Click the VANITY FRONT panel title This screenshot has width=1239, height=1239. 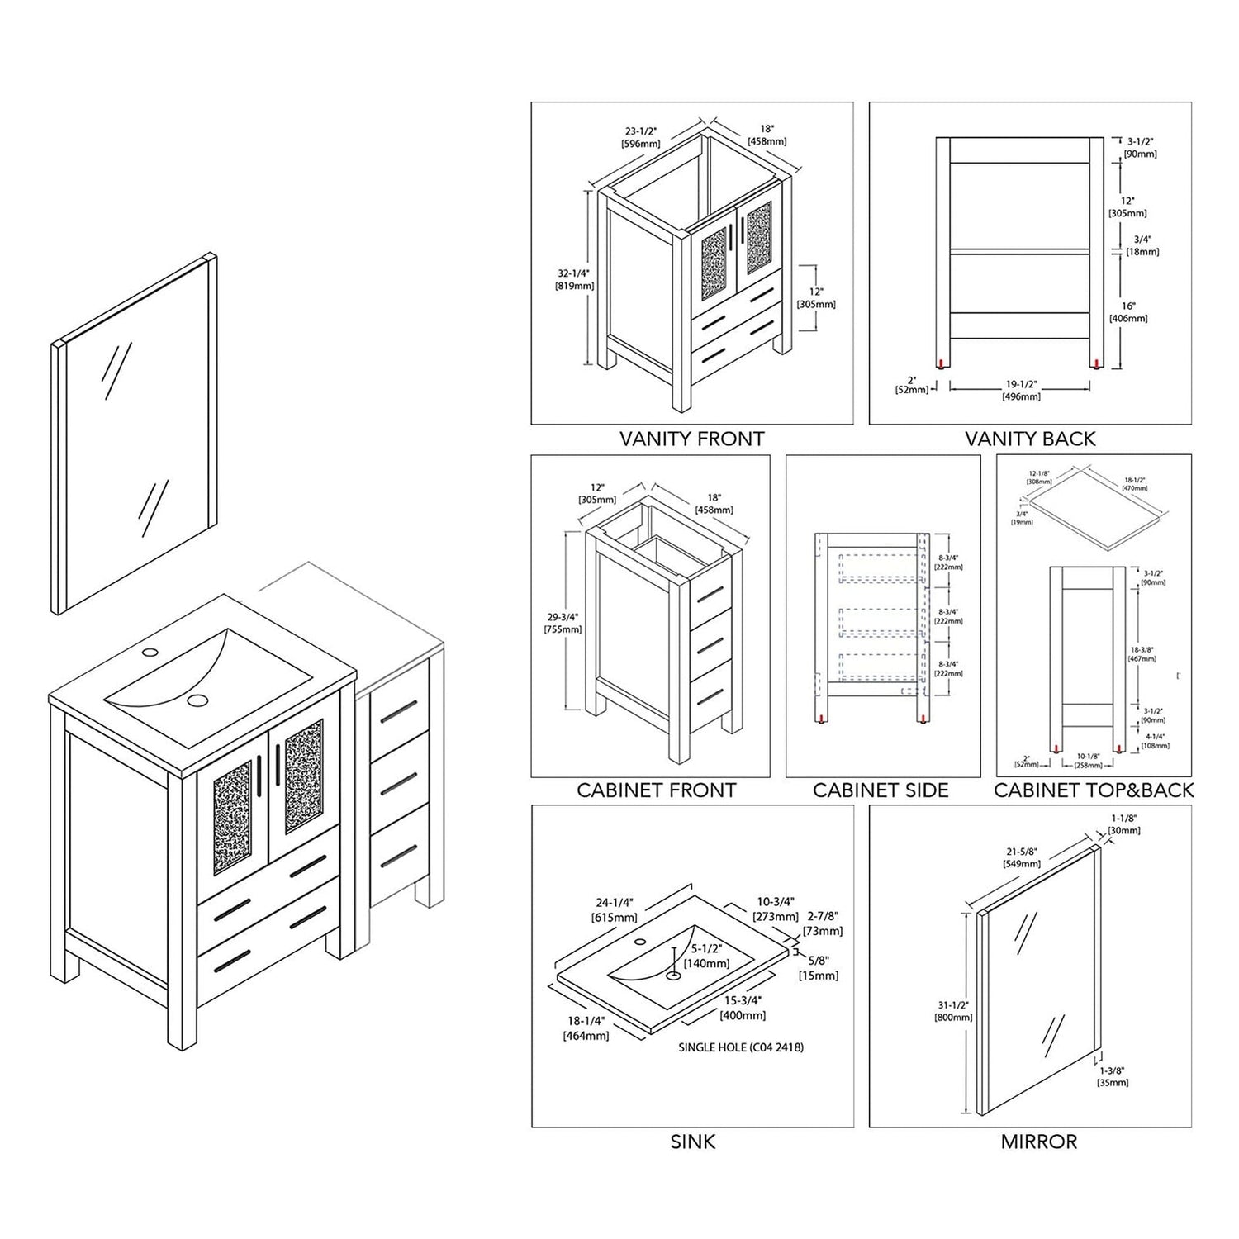[691, 439]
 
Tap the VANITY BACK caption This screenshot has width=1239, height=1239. [1030, 439]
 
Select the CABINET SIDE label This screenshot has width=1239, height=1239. [881, 790]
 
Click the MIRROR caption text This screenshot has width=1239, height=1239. [1038, 1142]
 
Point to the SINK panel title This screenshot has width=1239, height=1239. [693, 1142]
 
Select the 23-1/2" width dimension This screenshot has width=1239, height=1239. [641, 136]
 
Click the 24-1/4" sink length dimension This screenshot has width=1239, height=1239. [614, 910]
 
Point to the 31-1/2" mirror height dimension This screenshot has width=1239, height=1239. [952, 1011]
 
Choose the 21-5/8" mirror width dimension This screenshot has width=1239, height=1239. [1023, 857]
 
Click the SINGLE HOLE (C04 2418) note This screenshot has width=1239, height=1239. [741, 1047]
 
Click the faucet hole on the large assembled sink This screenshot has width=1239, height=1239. [150, 651]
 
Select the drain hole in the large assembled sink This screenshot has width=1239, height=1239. [197, 700]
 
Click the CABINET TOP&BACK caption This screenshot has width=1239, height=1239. [1094, 790]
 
